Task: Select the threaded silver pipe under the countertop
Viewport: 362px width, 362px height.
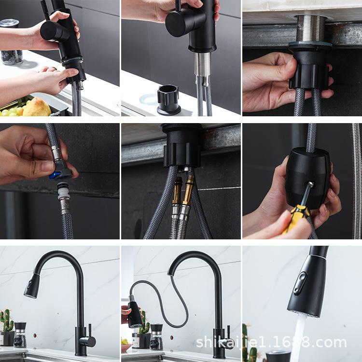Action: click(310, 28)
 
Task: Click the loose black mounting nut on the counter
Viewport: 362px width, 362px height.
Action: click(168, 99)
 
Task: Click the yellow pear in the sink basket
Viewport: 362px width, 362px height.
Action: click(37, 107)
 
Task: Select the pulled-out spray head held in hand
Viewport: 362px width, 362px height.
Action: click(135, 314)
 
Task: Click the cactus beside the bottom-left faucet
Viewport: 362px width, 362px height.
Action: click(7, 320)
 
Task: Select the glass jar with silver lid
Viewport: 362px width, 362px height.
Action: click(11, 42)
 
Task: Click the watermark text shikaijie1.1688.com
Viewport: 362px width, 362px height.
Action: click(271, 342)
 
